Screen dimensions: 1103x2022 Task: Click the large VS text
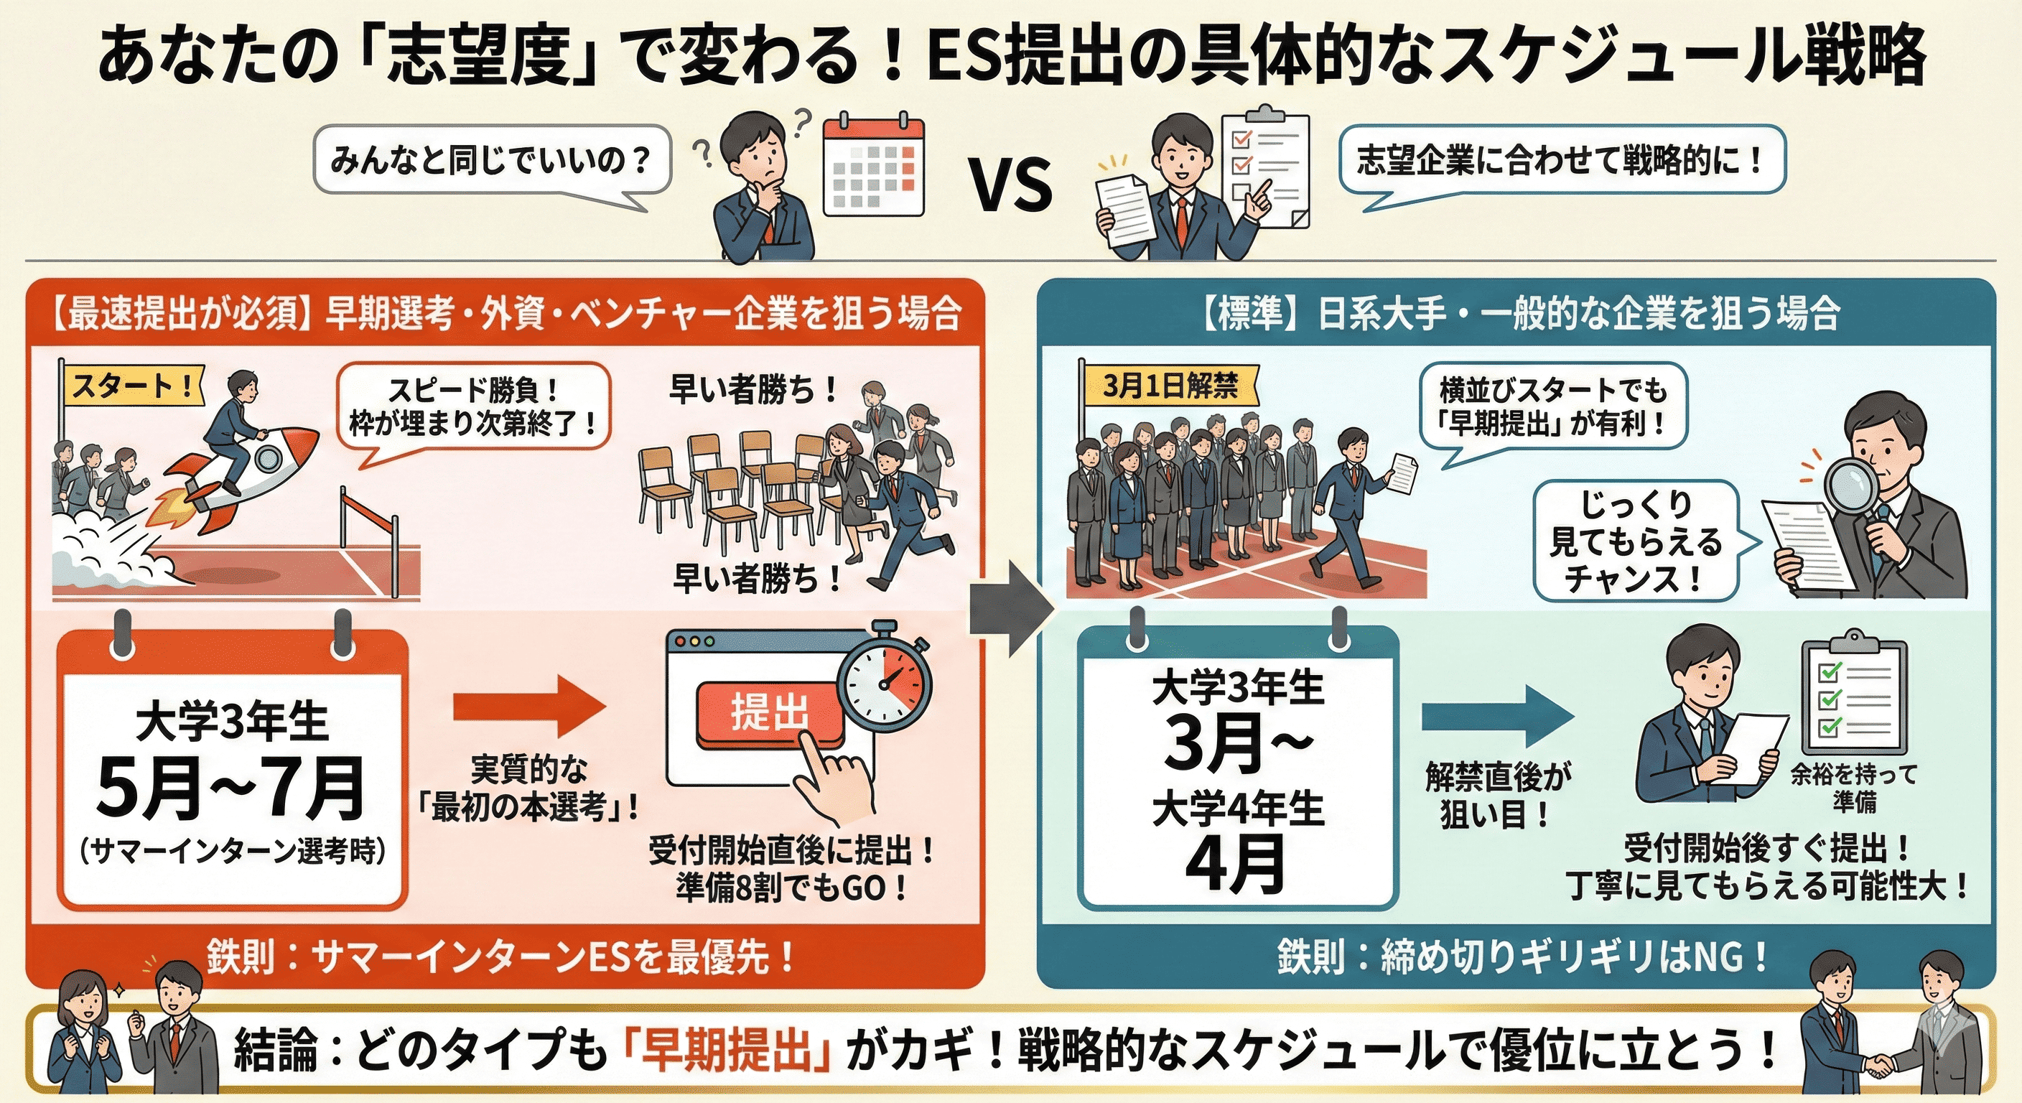click(x=1011, y=185)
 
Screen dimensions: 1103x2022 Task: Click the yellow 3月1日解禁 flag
click(x=1170, y=387)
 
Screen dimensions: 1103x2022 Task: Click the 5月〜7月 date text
click(x=230, y=788)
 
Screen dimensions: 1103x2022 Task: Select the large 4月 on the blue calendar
click(x=1236, y=865)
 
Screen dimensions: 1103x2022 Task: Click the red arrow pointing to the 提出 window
click(x=530, y=707)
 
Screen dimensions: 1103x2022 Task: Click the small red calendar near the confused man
click(x=873, y=169)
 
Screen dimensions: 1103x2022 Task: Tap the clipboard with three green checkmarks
click(x=1854, y=698)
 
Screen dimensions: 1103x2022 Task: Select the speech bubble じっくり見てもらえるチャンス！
click(x=1636, y=541)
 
